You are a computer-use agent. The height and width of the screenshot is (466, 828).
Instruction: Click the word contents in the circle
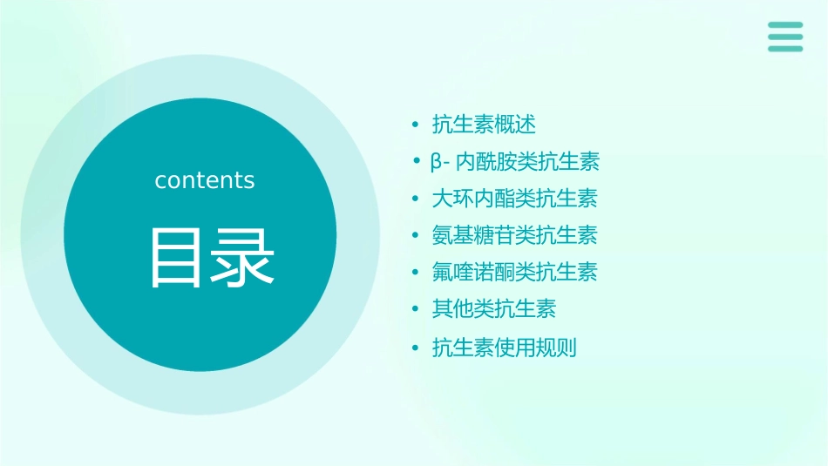click(205, 180)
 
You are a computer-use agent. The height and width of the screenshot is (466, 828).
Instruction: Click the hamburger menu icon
click(785, 37)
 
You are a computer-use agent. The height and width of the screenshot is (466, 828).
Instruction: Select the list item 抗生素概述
click(484, 125)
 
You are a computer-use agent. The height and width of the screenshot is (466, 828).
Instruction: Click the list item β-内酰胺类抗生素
click(515, 162)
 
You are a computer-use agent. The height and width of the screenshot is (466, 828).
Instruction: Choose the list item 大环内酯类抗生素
click(514, 199)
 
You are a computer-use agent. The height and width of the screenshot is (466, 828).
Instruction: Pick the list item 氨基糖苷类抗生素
click(514, 235)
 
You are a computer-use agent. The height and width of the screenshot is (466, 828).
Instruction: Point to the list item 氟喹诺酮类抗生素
click(514, 273)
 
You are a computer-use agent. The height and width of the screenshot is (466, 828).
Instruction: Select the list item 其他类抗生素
click(494, 309)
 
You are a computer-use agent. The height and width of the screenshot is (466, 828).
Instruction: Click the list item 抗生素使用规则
click(504, 348)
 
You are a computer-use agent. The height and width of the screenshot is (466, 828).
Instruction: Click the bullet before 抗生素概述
click(416, 125)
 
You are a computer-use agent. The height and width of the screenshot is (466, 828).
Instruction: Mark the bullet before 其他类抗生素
click(416, 309)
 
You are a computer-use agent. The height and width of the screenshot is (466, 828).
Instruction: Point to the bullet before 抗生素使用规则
click(416, 348)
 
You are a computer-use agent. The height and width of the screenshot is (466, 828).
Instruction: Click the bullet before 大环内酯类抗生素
click(416, 199)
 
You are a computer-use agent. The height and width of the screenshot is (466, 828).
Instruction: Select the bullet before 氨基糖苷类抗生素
click(416, 235)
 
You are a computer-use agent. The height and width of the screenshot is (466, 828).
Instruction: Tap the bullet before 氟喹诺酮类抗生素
click(416, 273)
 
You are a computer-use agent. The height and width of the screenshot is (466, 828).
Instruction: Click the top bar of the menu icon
click(785, 25)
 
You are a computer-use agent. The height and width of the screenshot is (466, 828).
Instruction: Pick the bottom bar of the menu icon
click(785, 48)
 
